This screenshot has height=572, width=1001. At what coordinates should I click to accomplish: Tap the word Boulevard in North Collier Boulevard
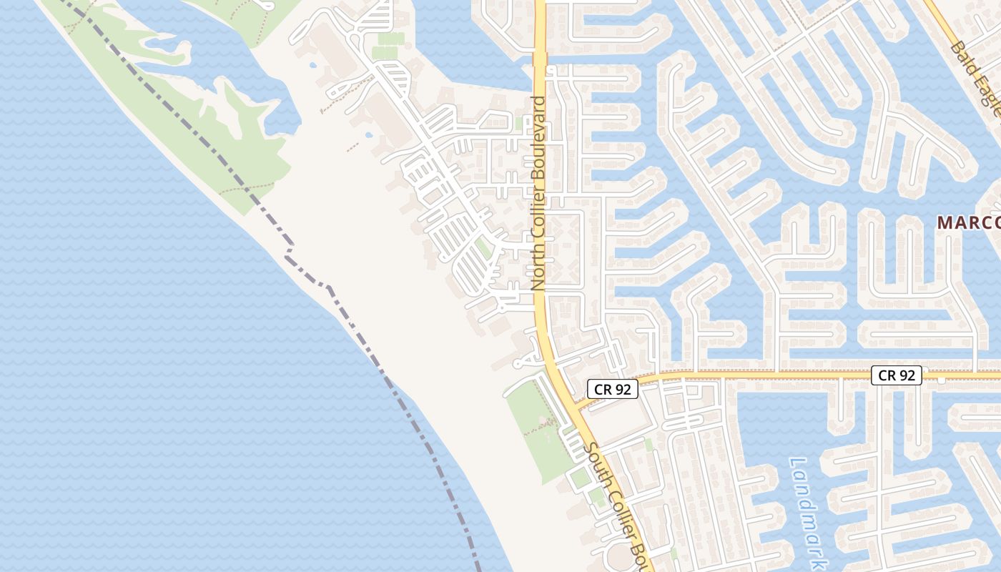point(538,128)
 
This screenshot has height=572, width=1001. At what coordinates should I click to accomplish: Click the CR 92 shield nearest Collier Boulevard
point(613,389)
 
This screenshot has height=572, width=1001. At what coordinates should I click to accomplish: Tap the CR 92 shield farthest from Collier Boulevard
point(897,375)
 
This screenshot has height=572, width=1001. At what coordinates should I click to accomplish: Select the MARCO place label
point(969,222)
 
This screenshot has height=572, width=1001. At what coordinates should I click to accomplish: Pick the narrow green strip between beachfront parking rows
point(484,248)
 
